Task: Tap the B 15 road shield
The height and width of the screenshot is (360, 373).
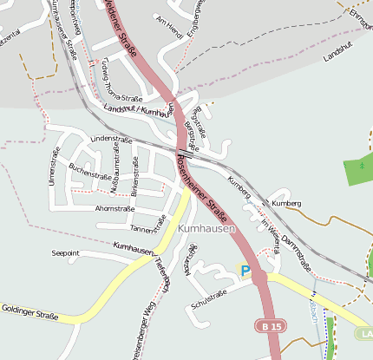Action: click(x=270, y=326)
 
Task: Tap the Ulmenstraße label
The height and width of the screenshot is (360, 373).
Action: click(x=54, y=166)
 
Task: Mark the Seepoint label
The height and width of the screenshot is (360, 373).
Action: click(x=66, y=253)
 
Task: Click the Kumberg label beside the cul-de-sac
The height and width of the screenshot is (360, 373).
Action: click(x=286, y=203)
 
